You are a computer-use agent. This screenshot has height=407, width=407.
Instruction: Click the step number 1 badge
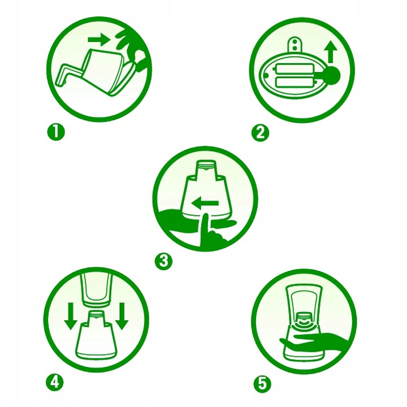click(x=56, y=132)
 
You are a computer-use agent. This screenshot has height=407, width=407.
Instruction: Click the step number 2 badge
click(x=261, y=133)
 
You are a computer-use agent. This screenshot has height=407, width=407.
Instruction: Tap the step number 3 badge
click(x=163, y=261)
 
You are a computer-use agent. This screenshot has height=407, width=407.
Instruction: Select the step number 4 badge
click(x=55, y=382)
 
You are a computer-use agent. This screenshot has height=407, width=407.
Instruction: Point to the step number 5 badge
click(x=262, y=383)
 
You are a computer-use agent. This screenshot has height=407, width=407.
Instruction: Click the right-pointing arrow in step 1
click(x=99, y=40)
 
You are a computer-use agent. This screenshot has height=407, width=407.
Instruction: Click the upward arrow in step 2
click(x=331, y=51)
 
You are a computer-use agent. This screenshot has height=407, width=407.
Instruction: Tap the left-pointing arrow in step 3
click(x=205, y=203)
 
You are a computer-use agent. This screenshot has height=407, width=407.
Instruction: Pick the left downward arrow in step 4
click(x=71, y=316)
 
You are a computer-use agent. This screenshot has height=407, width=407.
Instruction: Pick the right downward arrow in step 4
click(x=122, y=316)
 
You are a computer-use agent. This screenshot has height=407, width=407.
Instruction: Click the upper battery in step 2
click(x=294, y=69)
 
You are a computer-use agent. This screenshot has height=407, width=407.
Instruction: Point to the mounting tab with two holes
click(x=295, y=45)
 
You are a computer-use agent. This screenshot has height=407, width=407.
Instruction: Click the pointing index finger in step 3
click(x=205, y=230)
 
